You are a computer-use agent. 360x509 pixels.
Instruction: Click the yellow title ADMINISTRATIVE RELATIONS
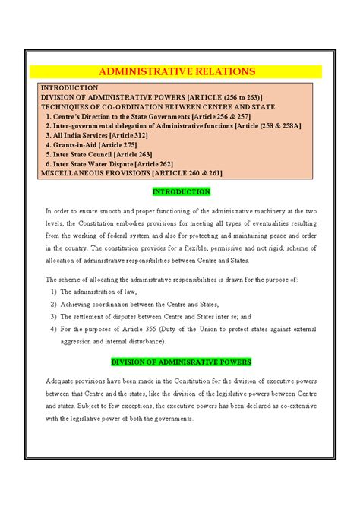[180, 71]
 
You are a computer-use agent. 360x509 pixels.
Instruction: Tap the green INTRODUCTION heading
[182, 191]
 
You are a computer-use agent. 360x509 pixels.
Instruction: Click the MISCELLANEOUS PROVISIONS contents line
[131, 172]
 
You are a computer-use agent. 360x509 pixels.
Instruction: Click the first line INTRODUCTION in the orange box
[69, 88]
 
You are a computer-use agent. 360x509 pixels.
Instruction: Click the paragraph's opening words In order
[56, 210]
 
